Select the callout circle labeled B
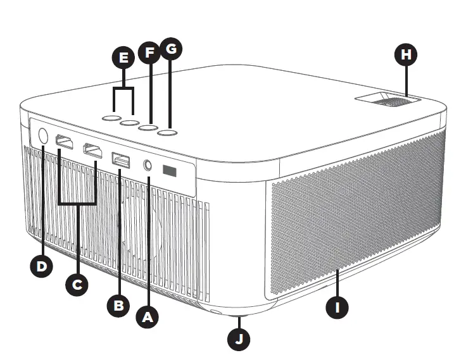click(x=118, y=306)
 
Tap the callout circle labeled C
click(x=77, y=285)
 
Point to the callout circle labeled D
click(x=41, y=266)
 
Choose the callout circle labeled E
click(x=123, y=59)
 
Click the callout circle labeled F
click(x=149, y=52)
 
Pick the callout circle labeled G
click(x=170, y=49)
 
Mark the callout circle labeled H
click(x=406, y=55)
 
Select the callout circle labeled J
click(x=239, y=338)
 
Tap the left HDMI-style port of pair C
click(x=65, y=143)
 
